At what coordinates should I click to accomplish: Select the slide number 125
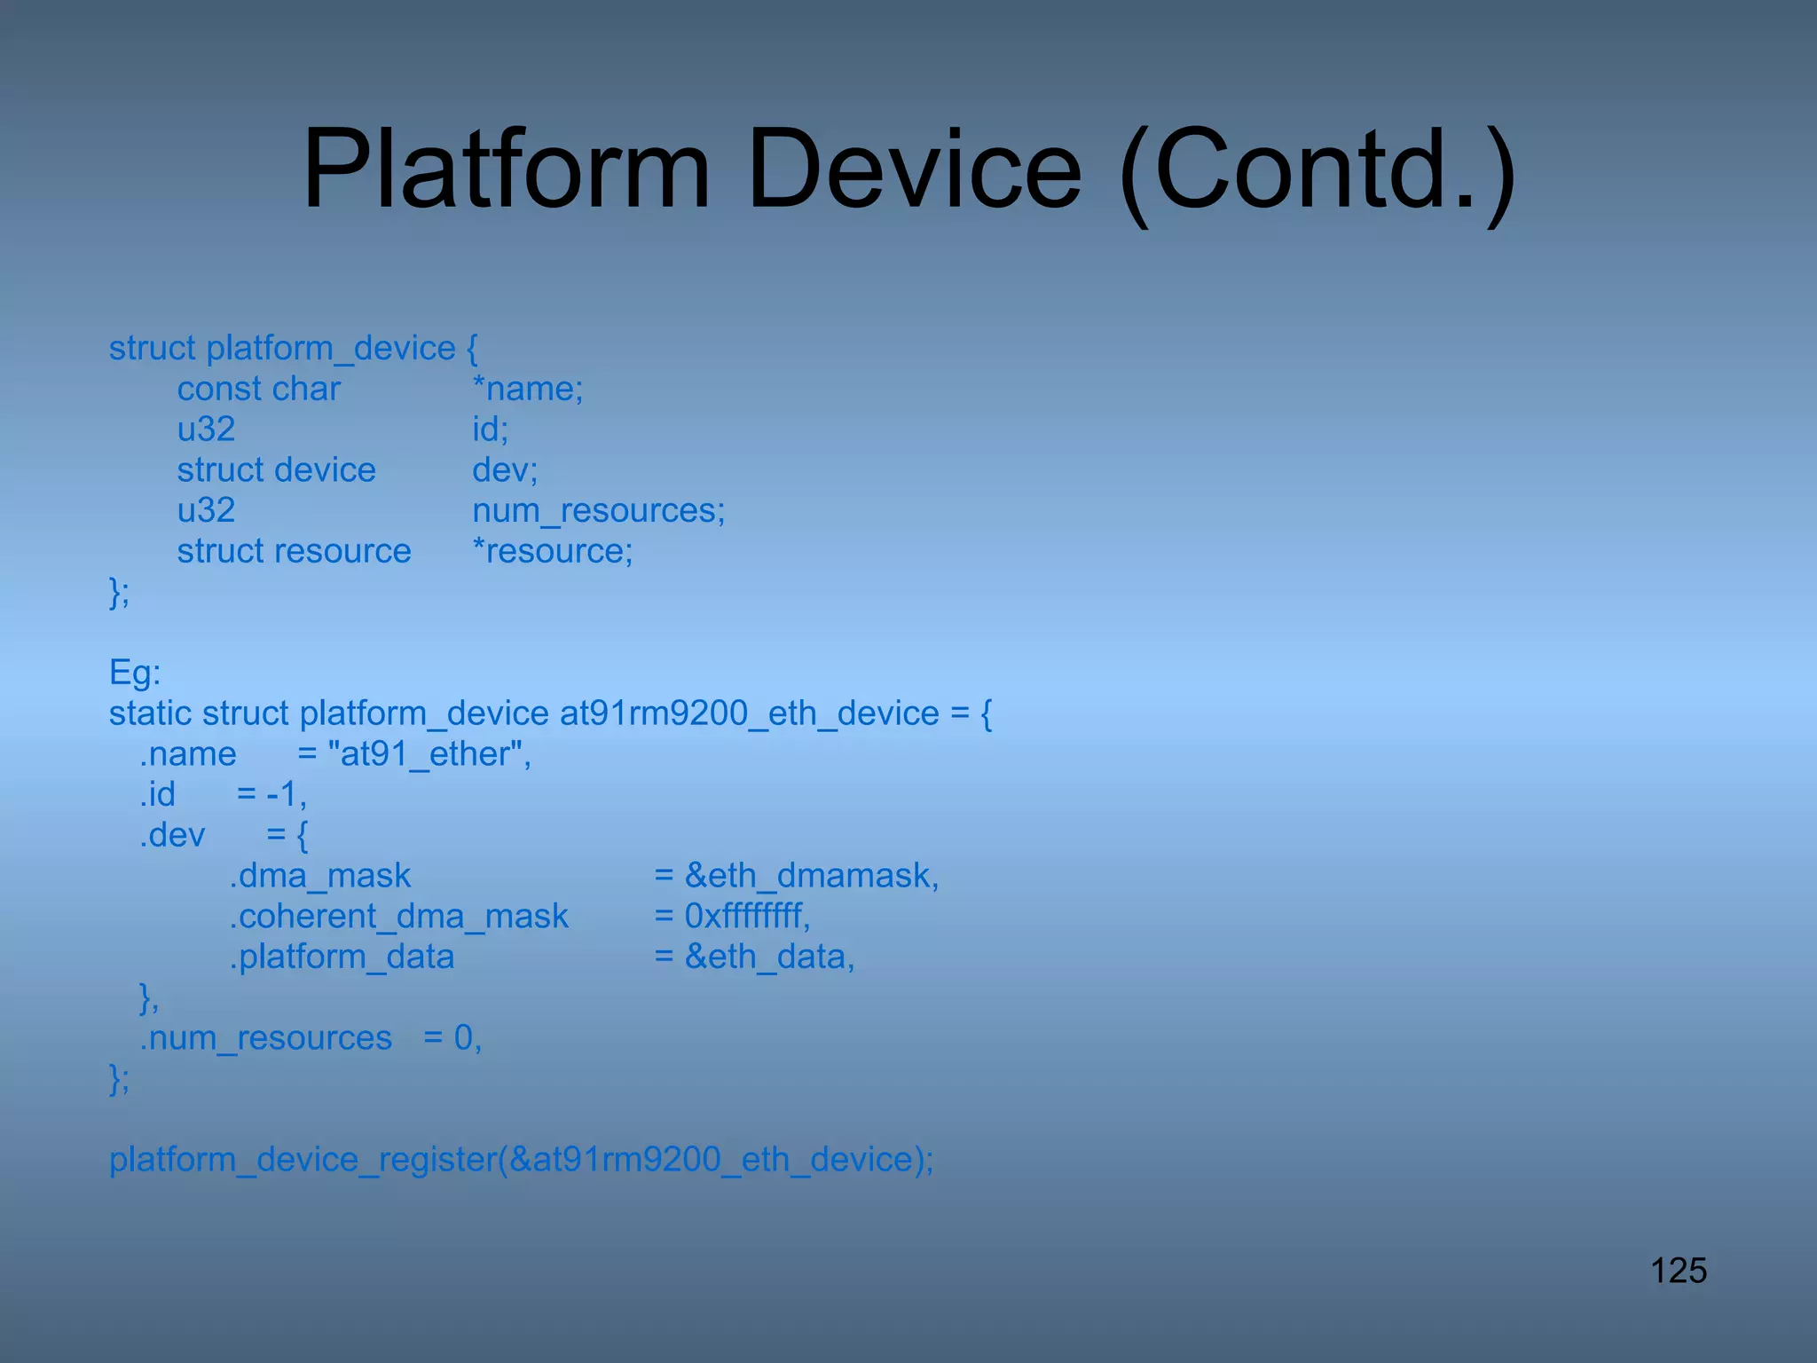coord(1678,1271)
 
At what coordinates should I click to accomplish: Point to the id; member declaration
coord(490,429)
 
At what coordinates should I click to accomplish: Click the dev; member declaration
coord(505,470)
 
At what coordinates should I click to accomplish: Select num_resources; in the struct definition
coord(598,511)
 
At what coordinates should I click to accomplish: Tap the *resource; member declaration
coord(552,552)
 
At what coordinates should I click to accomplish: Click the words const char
coord(258,389)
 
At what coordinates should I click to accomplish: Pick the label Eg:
coord(135,673)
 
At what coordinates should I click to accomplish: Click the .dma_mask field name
coord(320,876)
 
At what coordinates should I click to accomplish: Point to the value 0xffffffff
coord(745,916)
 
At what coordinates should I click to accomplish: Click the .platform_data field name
coord(342,957)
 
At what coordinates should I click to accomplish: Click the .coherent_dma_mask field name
coord(398,916)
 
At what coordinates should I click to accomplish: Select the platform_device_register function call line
coord(521,1159)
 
